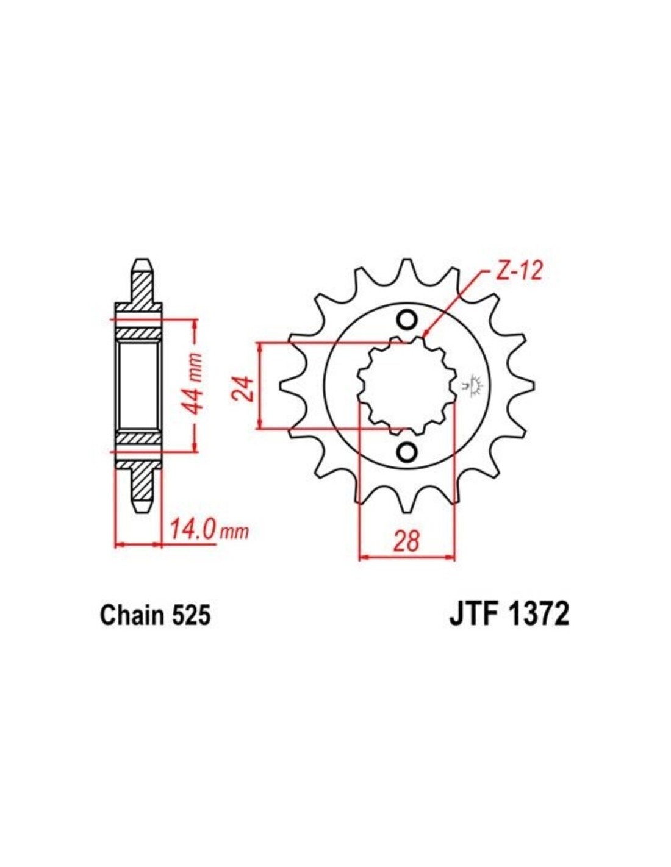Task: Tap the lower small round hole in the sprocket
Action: click(x=407, y=451)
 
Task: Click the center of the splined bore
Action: click(x=407, y=385)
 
